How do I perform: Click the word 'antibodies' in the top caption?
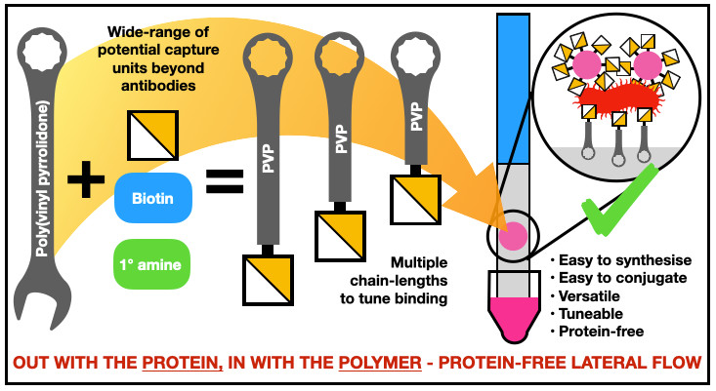(155, 85)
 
